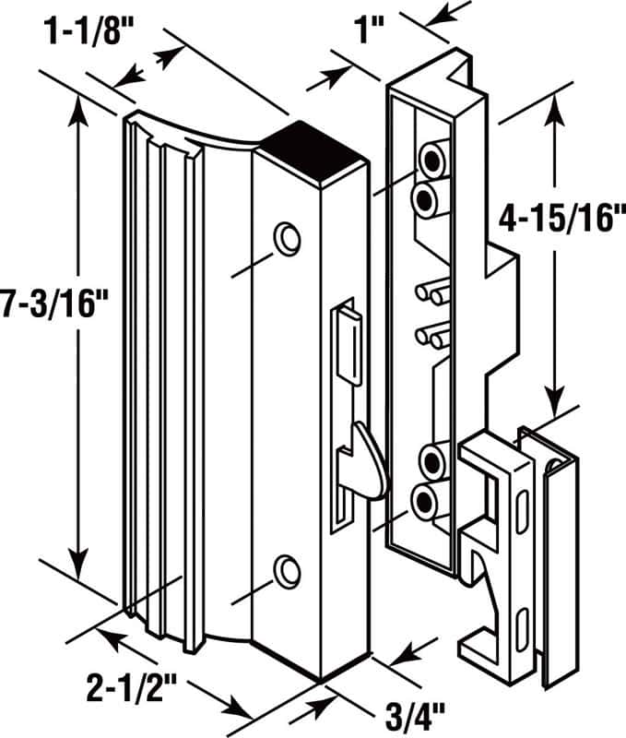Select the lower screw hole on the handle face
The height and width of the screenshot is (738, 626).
pyautogui.click(x=289, y=571)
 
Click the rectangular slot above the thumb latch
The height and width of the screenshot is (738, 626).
pyautogui.click(x=348, y=341)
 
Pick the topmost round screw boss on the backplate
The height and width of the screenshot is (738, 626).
pyautogui.click(x=432, y=161)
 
